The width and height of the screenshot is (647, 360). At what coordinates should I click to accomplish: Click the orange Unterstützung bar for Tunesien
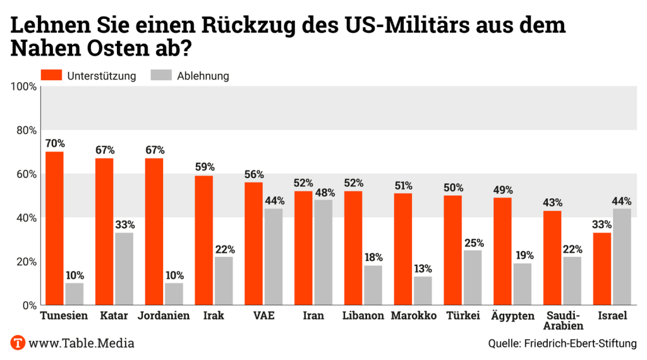[x=55, y=228]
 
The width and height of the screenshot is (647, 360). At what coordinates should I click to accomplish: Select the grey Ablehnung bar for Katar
[x=124, y=268]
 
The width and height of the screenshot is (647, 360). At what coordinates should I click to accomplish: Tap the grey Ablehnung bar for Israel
[x=622, y=256]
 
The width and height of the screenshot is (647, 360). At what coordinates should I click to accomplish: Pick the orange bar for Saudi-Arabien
[x=553, y=258]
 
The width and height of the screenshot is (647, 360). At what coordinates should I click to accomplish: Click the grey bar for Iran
[x=323, y=252]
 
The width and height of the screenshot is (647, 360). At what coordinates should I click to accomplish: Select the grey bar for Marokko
[x=423, y=291]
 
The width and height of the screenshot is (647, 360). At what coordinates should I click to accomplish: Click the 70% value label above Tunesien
[x=55, y=143]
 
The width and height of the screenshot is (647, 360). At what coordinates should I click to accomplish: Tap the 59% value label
[x=204, y=167]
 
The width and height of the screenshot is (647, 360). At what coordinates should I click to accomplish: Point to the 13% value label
[x=423, y=268]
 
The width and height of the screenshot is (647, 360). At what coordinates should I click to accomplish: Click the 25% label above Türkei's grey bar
[x=472, y=242]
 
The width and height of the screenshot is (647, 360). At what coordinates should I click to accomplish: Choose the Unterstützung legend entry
[x=88, y=76]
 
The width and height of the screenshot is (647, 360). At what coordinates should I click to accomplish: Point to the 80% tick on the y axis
[x=25, y=130]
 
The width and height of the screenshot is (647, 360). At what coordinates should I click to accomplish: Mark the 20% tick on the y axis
[x=25, y=261]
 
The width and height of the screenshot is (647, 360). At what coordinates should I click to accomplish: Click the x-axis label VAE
[x=263, y=316]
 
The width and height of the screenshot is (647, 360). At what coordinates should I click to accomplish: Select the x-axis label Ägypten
[x=512, y=316]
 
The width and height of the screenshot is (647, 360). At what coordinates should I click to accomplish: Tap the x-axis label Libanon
[x=363, y=316]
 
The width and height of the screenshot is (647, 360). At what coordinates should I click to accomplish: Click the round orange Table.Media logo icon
[x=18, y=343]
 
